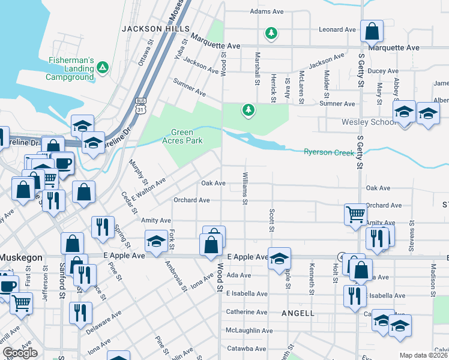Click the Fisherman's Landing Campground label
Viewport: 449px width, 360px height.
click(71, 68)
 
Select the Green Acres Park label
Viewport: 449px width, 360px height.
click(187, 137)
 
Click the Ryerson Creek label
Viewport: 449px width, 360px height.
click(329, 152)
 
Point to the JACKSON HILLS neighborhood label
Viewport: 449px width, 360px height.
click(155, 29)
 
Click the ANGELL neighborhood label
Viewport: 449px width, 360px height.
click(298, 313)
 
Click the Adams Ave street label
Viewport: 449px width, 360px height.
click(267, 11)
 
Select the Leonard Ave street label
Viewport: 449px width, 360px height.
click(337, 29)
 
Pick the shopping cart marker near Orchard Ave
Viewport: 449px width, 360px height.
click(355, 214)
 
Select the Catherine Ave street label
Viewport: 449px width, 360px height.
click(247, 312)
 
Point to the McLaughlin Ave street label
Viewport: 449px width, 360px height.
click(250, 331)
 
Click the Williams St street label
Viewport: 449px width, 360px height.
click(245, 189)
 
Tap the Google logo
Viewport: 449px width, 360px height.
click(20, 353)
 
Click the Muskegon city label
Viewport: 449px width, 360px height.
click(21, 257)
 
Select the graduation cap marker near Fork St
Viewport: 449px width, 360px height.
click(156, 242)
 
